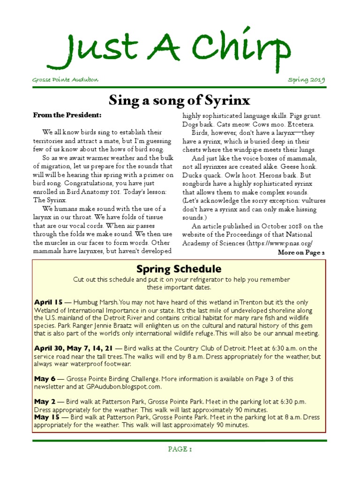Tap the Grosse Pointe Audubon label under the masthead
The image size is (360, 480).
(65, 80)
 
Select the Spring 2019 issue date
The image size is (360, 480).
(306, 80)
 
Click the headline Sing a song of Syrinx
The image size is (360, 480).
(180, 100)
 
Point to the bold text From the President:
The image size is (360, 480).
(67, 115)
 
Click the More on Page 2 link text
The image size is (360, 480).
(301, 253)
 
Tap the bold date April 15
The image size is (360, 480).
(47, 302)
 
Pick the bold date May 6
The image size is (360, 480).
(45, 379)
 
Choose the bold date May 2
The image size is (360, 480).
(45, 402)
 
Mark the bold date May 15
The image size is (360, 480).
(46, 417)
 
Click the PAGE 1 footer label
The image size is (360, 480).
(180, 449)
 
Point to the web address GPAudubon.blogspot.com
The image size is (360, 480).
(123, 387)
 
